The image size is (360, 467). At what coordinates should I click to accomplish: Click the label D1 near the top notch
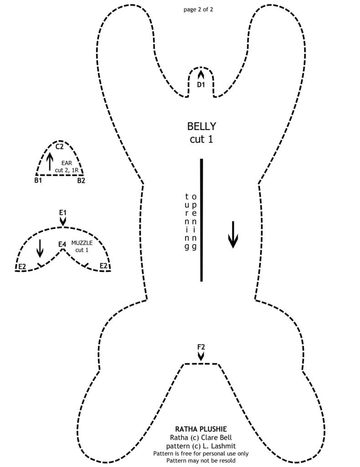(x=201, y=85)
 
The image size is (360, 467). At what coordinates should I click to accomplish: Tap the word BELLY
(x=201, y=126)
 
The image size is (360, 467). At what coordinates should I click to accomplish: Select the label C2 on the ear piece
(x=59, y=147)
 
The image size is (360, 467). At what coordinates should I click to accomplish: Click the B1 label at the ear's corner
(x=38, y=181)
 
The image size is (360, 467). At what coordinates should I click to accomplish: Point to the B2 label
(x=81, y=181)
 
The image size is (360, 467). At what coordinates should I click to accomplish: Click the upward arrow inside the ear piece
(x=50, y=161)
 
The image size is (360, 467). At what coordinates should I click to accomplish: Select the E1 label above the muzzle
(x=63, y=213)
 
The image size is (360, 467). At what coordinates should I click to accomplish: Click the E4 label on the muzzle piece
(x=62, y=244)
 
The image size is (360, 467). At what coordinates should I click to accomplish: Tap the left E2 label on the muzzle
(x=21, y=266)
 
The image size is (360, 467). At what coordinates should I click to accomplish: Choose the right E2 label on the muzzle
(x=104, y=266)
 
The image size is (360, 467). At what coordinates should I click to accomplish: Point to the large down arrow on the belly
(x=233, y=234)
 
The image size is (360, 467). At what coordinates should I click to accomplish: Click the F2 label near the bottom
(x=201, y=347)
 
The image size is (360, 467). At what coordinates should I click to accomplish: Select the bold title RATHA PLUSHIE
(x=201, y=429)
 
